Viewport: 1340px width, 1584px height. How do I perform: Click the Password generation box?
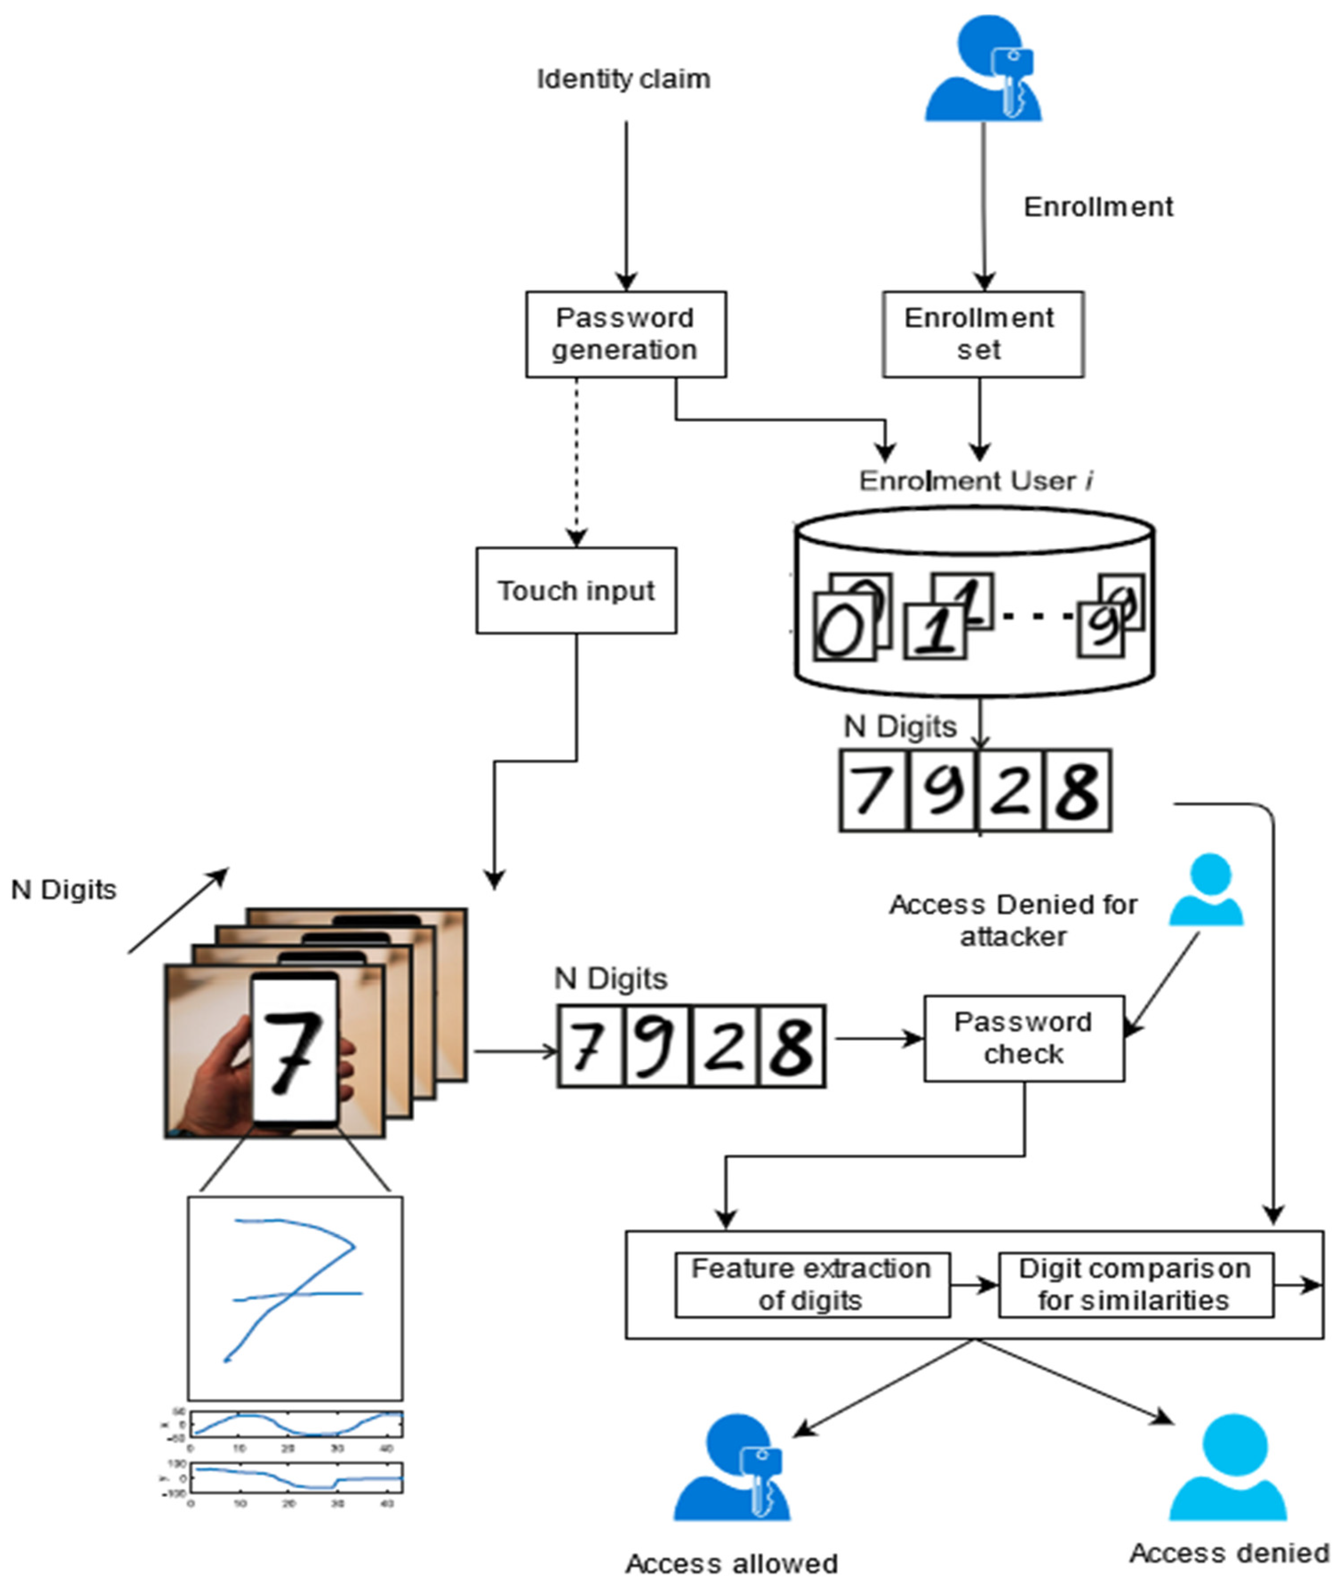625,334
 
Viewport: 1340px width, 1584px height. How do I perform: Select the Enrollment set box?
982,334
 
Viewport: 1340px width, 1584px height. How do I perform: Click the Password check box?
1023,1038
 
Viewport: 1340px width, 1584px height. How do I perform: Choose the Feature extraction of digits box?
811,1284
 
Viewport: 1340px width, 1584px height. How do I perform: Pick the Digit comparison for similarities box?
1135,1284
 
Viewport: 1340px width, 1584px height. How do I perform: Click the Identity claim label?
623,79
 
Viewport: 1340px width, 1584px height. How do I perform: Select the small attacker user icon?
1205,890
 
